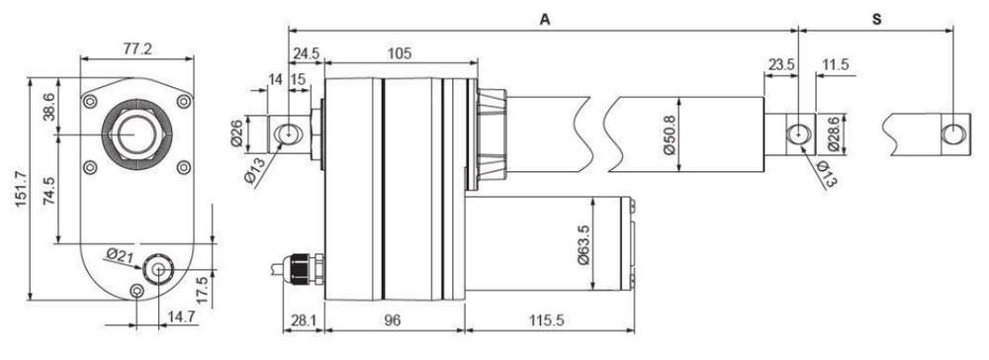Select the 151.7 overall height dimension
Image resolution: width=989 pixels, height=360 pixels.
[x=20, y=189]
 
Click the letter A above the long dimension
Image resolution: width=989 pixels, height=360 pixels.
[x=545, y=20]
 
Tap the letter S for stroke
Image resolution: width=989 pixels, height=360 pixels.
[x=876, y=20]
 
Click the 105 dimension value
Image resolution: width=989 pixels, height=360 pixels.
[x=400, y=53]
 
